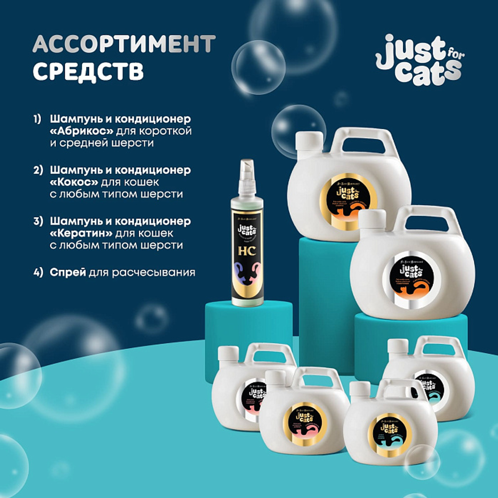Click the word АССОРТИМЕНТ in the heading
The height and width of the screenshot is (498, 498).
124,45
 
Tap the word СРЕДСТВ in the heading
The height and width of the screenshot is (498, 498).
88,71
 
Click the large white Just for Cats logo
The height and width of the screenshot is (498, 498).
418,60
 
